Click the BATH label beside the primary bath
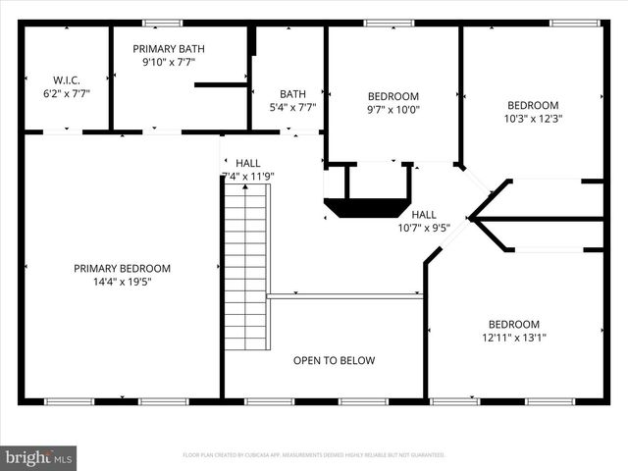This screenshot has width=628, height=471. pyautogui.click(x=292, y=95)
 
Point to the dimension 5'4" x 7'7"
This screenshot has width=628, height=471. pyautogui.click(x=292, y=108)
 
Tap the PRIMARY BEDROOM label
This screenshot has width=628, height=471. pyautogui.click(x=122, y=268)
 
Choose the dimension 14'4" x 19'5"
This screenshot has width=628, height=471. pyautogui.click(x=122, y=282)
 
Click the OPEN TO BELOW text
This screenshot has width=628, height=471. pyautogui.click(x=334, y=361)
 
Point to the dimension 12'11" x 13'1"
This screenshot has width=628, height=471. pyautogui.click(x=514, y=338)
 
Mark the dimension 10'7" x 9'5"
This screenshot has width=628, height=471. pyautogui.click(x=424, y=228)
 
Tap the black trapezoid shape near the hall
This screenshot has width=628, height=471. pyautogui.click(x=366, y=207)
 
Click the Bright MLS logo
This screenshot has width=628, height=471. pyautogui.click(x=39, y=457)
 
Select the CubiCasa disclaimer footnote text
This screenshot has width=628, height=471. pyautogui.click(x=314, y=455)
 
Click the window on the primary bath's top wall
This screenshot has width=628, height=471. pyautogui.click(x=162, y=23)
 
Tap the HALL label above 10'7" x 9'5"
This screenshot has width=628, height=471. pyautogui.click(x=424, y=214)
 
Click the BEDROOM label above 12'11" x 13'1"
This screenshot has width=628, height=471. pyautogui.click(x=514, y=325)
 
